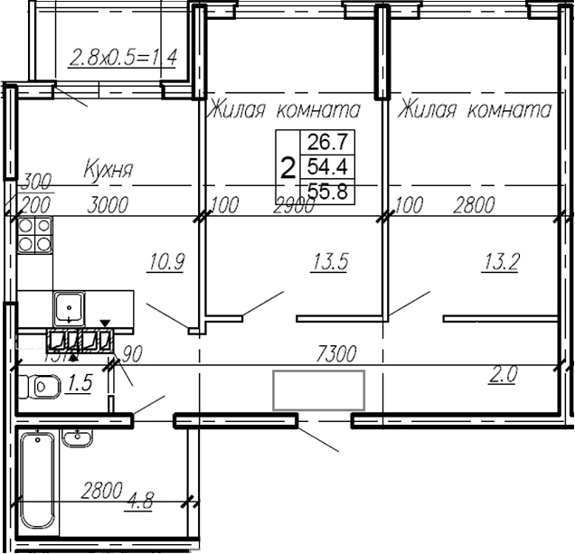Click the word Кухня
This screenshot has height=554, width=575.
(x=109, y=169)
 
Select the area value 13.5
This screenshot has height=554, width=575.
(x=331, y=263)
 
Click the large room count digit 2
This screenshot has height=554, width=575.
(x=288, y=167)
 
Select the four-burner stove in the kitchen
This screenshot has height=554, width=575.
(x=33, y=235)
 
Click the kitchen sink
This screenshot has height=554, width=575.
(x=69, y=307)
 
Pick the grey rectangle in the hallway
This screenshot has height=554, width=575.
(x=319, y=390)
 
